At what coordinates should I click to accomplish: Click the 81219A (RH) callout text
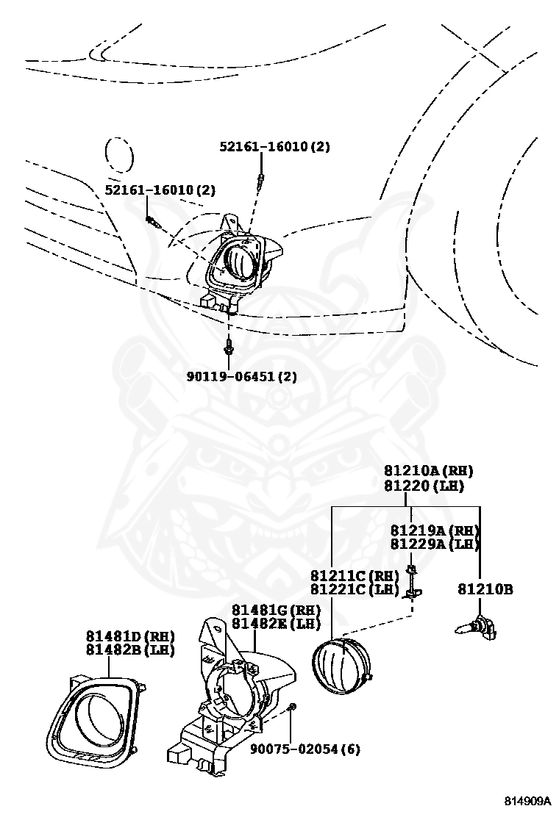click(435, 530)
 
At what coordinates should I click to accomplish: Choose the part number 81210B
click(485, 589)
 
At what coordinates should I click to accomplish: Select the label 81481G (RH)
click(277, 610)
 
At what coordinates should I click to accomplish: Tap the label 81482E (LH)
click(277, 624)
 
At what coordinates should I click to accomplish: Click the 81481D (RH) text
click(129, 636)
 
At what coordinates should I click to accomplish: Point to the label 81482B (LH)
click(129, 650)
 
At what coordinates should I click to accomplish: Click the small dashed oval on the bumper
click(118, 156)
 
